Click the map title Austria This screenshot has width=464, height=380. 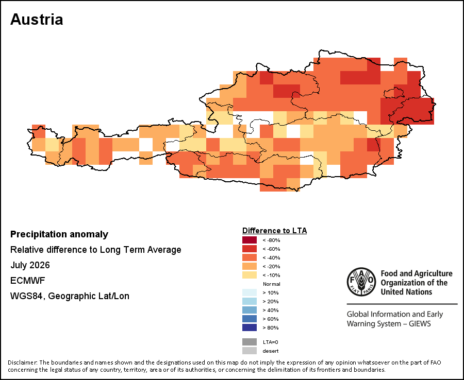point(37,20)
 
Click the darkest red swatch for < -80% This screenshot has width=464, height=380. point(250,240)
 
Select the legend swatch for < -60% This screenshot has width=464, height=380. point(250,249)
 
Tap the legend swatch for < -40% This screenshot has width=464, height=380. point(250,257)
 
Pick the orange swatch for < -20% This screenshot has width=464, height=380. point(250,266)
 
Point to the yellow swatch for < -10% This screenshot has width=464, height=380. point(250,275)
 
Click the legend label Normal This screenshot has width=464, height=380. point(271,284)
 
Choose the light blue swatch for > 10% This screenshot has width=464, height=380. point(250,292)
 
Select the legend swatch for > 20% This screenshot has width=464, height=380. point(250,301)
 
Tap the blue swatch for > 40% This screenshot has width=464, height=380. point(250,310)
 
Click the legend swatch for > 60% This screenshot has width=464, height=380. point(250,319)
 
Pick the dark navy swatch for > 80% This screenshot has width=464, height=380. point(250,327)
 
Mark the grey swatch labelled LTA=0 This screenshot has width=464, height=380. point(250,342)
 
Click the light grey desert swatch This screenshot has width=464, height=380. point(250,351)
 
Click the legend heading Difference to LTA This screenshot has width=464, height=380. point(274,231)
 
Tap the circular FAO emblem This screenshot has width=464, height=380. point(361,282)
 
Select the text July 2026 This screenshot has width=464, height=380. point(30,265)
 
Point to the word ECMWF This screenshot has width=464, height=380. point(27,281)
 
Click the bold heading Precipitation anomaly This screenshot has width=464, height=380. point(59,234)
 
